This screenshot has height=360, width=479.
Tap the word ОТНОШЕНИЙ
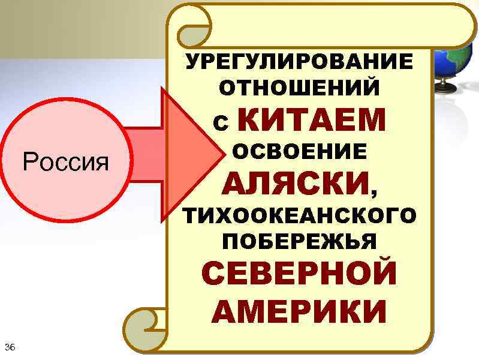coord(299,89)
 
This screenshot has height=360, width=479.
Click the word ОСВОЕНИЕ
coord(299,152)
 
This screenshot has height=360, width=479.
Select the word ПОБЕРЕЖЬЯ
coord(299,241)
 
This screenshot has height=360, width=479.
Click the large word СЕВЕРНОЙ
coord(298,274)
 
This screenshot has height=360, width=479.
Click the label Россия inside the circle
coord(65,161)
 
